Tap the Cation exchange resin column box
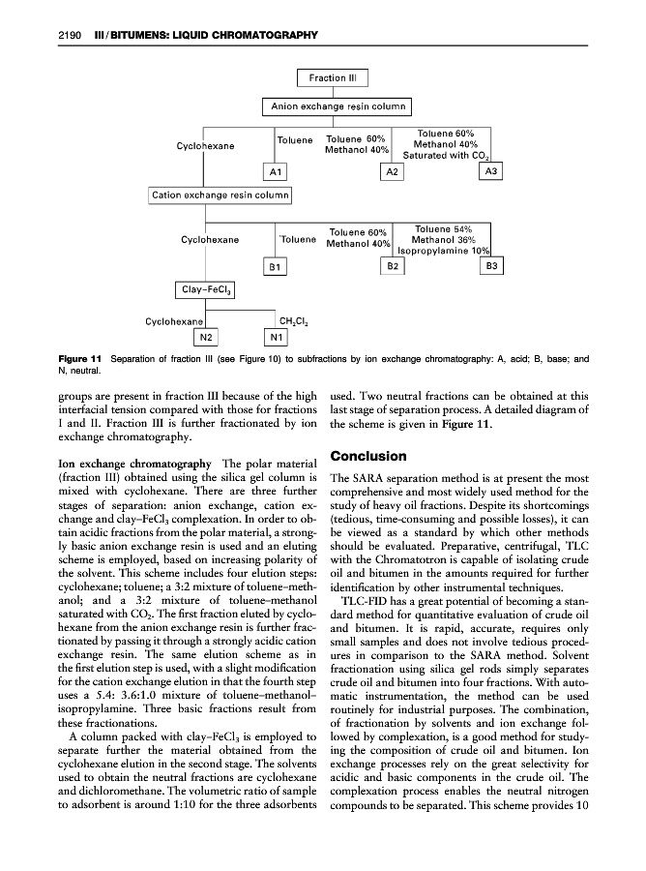tap(220, 195)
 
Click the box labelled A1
tap(276, 171)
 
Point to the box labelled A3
tap(491, 171)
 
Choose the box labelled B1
tap(276, 264)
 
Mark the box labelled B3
tap(491, 264)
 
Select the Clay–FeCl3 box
tap(206, 288)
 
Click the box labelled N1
tap(276, 337)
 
